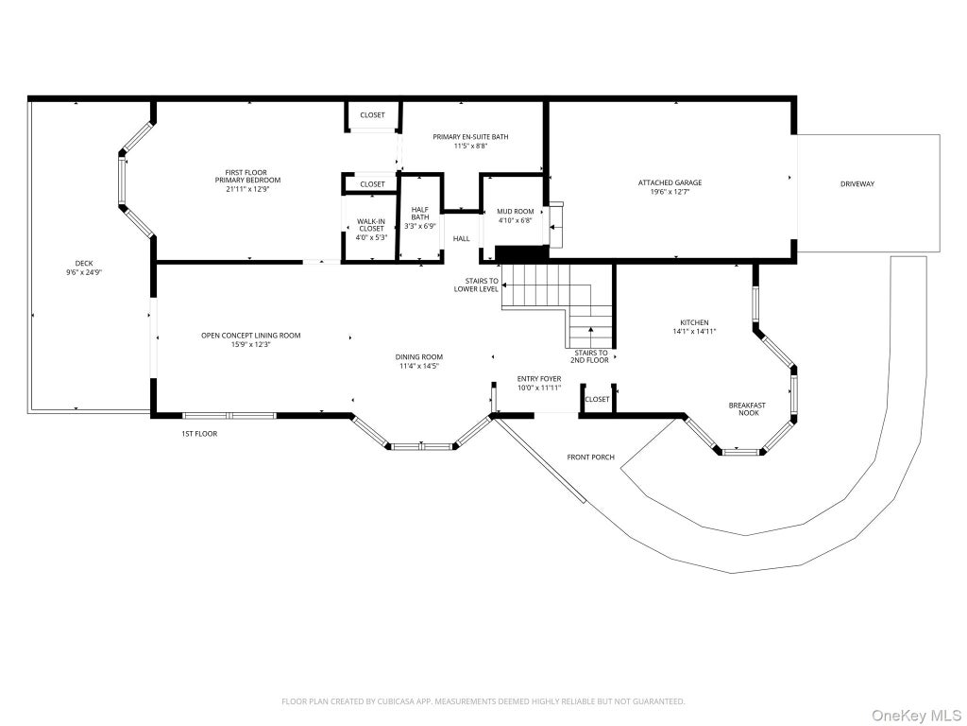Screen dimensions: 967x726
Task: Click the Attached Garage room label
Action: [670, 182]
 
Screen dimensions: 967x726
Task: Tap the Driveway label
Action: [857, 184]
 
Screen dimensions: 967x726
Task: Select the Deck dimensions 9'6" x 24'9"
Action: [84, 271]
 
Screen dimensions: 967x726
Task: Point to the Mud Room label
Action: [516, 211]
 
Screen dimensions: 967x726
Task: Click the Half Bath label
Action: [420, 214]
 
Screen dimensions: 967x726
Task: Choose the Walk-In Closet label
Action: [371, 225]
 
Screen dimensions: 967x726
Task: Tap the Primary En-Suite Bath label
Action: [470, 137]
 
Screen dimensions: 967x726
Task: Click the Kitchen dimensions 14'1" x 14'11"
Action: [694, 332]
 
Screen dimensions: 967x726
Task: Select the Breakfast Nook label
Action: [748, 409]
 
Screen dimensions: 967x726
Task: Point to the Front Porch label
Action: [591, 458]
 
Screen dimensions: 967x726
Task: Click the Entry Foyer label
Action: [539, 379]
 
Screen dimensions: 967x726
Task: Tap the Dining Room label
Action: [418, 356]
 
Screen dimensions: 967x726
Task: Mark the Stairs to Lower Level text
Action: [476, 285]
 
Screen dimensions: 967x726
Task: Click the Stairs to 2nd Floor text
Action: [591, 356]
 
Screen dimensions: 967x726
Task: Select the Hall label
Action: [461, 239]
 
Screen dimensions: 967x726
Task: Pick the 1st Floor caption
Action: [199, 434]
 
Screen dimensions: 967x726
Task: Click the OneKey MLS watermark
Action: [916, 716]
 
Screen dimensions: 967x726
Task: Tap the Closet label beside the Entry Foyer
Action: [597, 400]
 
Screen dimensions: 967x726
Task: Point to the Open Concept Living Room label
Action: [251, 336]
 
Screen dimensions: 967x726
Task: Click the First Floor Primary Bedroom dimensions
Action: [248, 189]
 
